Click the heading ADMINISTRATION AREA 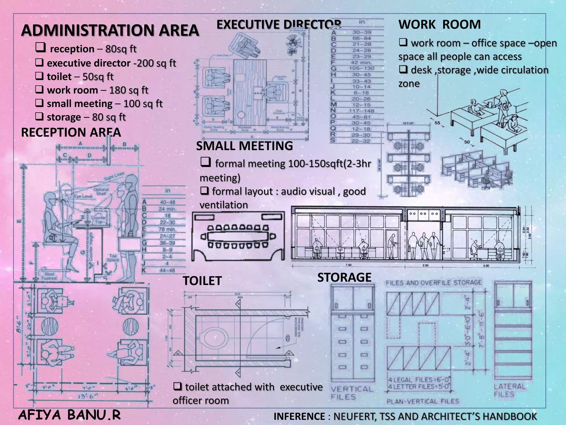point(110,30)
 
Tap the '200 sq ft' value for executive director point(156,63)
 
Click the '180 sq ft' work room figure point(129,90)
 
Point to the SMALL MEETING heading point(244,146)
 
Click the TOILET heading point(202,281)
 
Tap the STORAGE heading point(344,278)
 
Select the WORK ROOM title point(439,24)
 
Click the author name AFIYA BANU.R point(69,415)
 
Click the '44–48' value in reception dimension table point(167,270)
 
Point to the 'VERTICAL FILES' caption point(352,393)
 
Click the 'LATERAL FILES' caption point(510,390)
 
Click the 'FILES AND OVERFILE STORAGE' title point(434,283)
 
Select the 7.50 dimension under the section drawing point(349,265)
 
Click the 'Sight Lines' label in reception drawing point(114,176)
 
